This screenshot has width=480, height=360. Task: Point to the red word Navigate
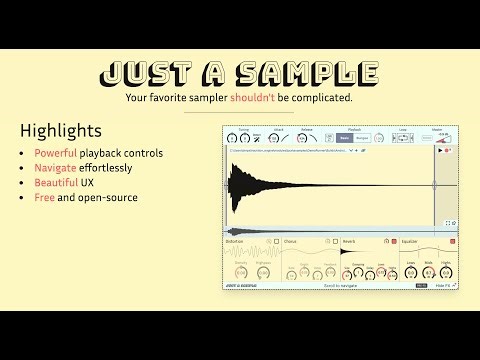tap(56, 168)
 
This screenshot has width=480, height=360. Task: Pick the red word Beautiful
tap(56, 183)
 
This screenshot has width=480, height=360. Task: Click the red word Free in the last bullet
tap(45, 198)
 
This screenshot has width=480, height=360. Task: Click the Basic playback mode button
tap(345, 137)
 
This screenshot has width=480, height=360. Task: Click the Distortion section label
tap(234, 241)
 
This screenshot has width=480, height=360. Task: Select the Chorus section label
tap(290, 241)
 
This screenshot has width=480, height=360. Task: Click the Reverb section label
tap(349, 241)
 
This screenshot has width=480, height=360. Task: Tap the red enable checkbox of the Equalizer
tap(452, 241)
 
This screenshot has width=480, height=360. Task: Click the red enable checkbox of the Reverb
tap(394, 241)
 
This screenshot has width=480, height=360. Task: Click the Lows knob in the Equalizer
tap(412, 272)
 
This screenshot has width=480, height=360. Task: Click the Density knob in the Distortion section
tap(240, 273)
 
